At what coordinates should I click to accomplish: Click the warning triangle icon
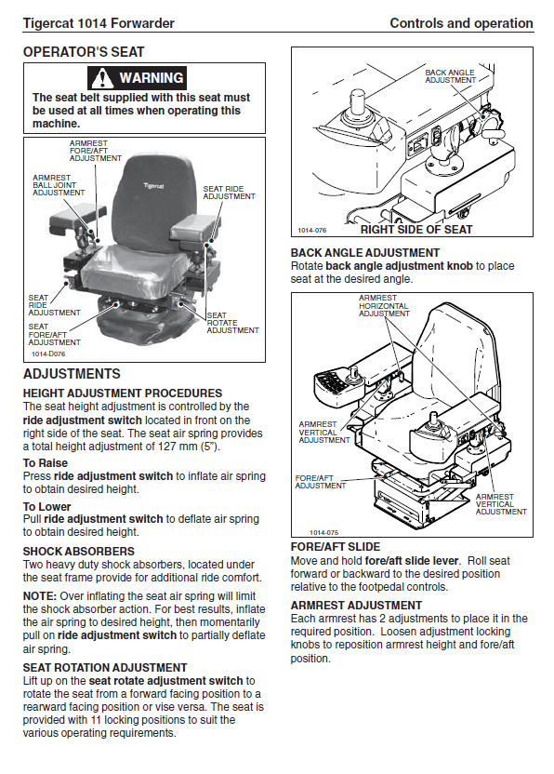coord(102,78)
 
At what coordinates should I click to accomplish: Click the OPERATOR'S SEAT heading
coord(84,52)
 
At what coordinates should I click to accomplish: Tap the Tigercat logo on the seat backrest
coord(154,186)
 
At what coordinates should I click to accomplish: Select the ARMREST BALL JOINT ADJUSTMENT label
coord(59,185)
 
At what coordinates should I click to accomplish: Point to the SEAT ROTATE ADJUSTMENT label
coord(233,323)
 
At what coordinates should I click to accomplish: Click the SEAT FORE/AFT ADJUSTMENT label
coord(54,334)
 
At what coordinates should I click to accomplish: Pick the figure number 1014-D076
coord(48,354)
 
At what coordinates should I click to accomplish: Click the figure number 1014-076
coord(311,231)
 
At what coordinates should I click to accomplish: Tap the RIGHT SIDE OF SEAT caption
coord(416,230)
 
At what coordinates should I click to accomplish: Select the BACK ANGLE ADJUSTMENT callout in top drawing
coord(451,76)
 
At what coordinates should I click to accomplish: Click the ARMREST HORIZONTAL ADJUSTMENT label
coord(384,305)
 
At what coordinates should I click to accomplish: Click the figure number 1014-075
coord(324,533)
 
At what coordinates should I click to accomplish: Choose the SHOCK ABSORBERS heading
coord(79,552)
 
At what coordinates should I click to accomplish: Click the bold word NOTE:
coord(40,596)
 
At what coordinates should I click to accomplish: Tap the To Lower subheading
coord(46,506)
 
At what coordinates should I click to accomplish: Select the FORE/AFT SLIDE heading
coord(336,547)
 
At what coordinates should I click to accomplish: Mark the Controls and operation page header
coord(461,23)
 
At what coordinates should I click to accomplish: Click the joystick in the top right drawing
coord(357,103)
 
